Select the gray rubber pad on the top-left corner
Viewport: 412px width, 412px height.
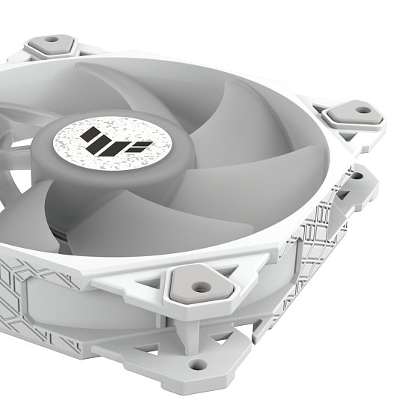[52, 44]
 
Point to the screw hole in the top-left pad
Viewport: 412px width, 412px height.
[52, 40]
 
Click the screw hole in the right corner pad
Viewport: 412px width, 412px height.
[363, 110]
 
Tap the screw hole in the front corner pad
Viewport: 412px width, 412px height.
[199, 285]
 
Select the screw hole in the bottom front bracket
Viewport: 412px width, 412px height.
[198, 364]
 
